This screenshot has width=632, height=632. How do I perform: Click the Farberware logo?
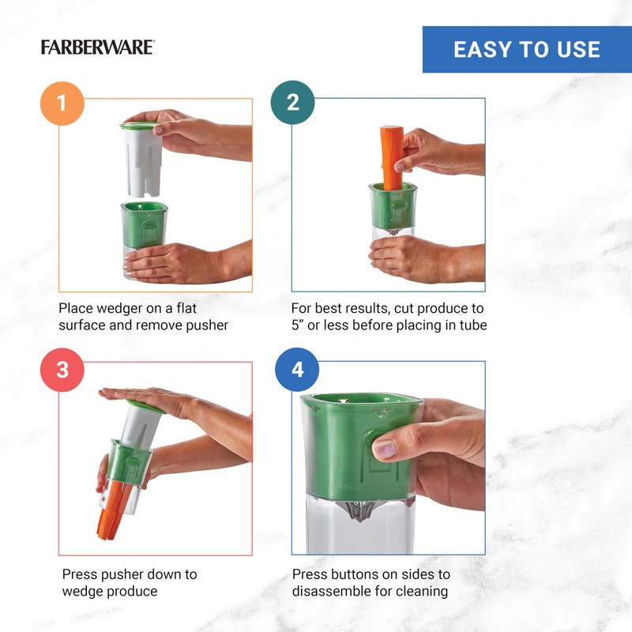coord(97,47)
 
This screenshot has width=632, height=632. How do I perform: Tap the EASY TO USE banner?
coord(527,50)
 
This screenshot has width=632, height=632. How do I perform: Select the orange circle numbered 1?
coord(61,102)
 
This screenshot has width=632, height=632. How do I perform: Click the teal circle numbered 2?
coord(292,102)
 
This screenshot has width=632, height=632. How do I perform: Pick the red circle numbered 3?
coord(61,369)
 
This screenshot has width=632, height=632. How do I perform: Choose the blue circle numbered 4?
coord(297,369)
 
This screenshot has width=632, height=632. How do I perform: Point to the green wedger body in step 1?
coord(144,225)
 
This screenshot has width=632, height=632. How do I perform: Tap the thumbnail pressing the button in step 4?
coord(385,450)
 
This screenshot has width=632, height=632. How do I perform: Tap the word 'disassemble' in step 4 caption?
coord(331,592)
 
